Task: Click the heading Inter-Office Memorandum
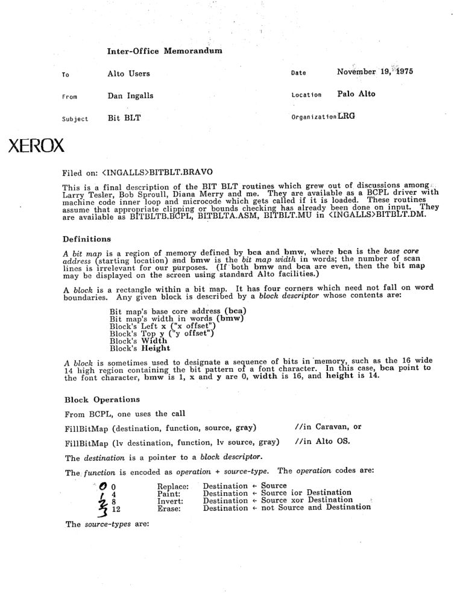pyautogui.click(x=165, y=51)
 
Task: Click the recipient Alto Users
pyautogui.click(x=128, y=73)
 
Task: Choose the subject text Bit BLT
pyautogui.click(x=124, y=118)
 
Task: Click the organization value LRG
pyautogui.click(x=347, y=117)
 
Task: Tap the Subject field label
pyautogui.click(x=75, y=119)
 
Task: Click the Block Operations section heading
pyautogui.click(x=101, y=399)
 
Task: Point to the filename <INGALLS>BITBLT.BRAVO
pyautogui.click(x=156, y=172)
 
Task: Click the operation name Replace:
pyautogui.click(x=173, y=486)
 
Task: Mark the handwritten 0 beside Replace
pyautogui.click(x=102, y=486)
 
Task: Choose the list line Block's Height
pyautogui.click(x=140, y=348)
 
